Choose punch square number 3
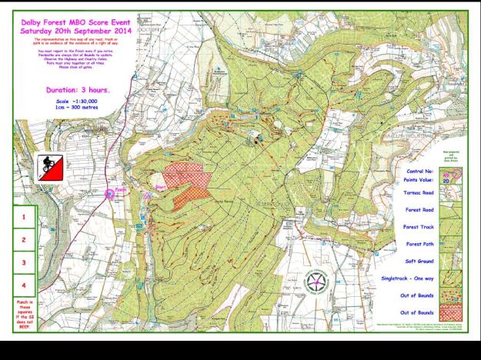[x=24, y=263]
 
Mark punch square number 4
[x=24, y=286]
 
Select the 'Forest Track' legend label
[x=420, y=227]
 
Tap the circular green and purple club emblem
[x=317, y=283]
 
